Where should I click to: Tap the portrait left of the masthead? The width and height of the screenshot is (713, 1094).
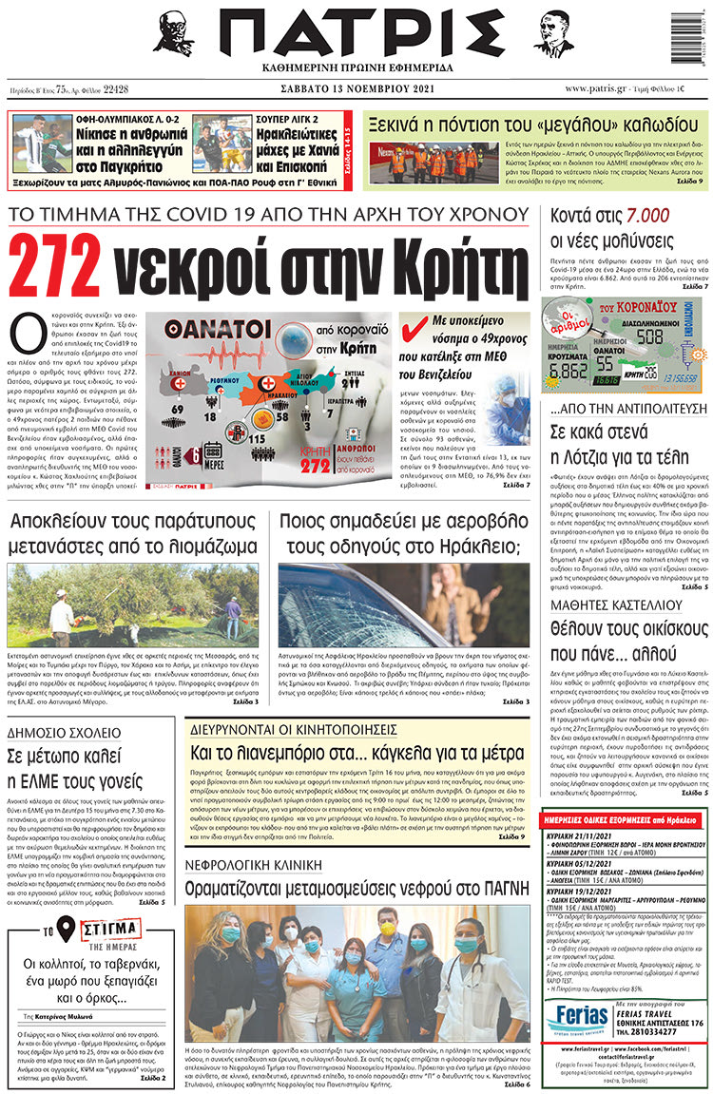[x=174, y=33]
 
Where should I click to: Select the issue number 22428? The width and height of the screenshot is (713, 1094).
[x=115, y=88]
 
